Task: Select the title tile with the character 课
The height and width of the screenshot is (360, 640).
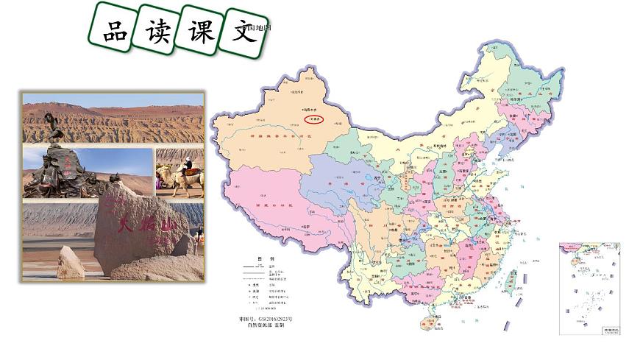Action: coord(199,30)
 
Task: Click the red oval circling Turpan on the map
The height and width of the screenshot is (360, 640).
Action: coord(314,119)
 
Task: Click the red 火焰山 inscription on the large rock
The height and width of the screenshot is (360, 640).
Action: coord(129,220)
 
